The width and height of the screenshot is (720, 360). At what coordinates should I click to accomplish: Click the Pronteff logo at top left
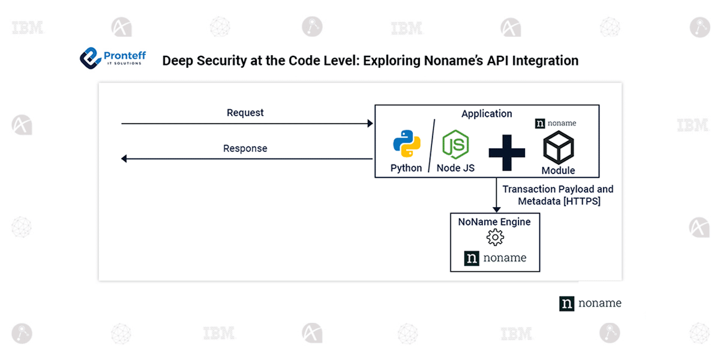[113, 58]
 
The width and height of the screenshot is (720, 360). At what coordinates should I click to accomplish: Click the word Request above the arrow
[245, 113]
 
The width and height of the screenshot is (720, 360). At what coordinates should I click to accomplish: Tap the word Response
[245, 148]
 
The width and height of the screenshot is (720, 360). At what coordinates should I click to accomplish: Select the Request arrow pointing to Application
[246, 124]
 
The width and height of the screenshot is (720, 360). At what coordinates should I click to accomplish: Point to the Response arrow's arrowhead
[125, 159]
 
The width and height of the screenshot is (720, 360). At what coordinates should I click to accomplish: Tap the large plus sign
[506, 152]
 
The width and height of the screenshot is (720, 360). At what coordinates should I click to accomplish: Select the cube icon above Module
[558, 148]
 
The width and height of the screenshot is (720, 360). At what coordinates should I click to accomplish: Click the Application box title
[487, 113]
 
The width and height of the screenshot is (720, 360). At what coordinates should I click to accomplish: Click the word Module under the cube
[558, 170]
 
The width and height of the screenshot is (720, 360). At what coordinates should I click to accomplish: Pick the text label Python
[406, 168]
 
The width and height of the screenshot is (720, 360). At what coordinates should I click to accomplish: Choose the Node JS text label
[455, 168]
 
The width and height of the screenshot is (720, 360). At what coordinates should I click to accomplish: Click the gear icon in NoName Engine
[494, 238]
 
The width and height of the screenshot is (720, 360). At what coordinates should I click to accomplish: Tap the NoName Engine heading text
[494, 222]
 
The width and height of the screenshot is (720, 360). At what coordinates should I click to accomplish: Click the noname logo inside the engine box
[495, 258]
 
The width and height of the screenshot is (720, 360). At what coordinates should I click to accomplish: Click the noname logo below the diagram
[590, 303]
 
